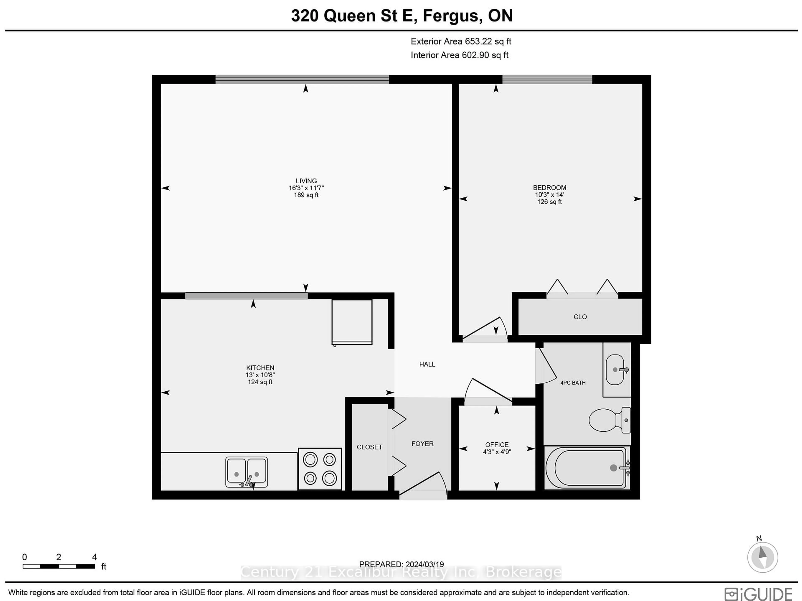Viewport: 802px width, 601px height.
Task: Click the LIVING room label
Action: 306,181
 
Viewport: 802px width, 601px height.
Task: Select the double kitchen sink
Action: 246,472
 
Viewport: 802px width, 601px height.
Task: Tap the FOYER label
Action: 422,444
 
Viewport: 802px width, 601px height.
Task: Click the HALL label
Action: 427,364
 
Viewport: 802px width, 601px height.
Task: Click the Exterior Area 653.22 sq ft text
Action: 461,41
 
